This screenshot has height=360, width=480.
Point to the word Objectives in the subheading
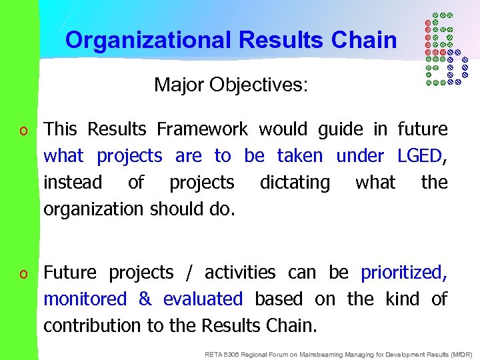[x=259, y=85]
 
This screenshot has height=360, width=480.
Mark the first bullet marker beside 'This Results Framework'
[x=23, y=130]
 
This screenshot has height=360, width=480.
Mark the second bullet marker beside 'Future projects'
[x=23, y=274]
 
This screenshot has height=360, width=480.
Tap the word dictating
[x=295, y=183]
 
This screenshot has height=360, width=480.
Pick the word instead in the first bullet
[x=73, y=183]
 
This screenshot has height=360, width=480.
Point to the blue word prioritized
[x=402, y=273]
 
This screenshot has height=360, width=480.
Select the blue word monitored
[x=85, y=299]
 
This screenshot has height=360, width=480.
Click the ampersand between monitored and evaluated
[x=145, y=299]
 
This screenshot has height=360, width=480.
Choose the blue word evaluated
[x=203, y=299]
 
